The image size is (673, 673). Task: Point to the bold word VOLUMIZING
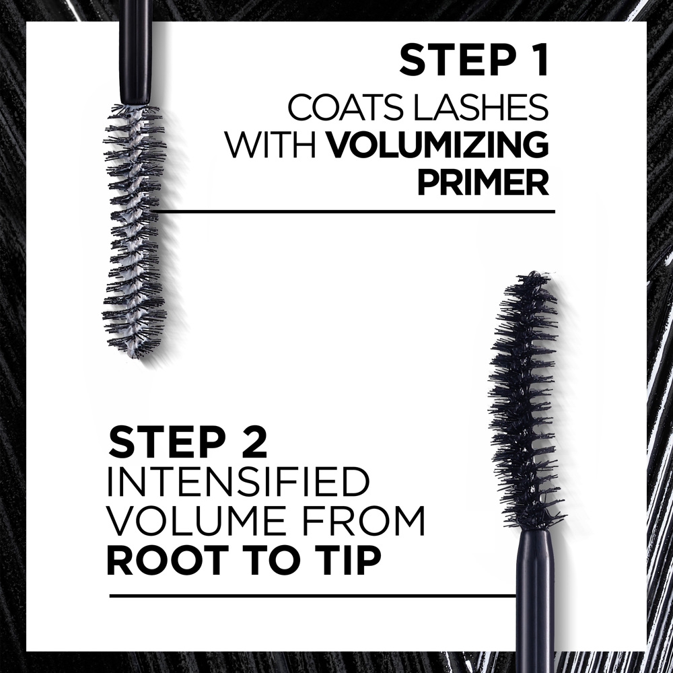(437, 145)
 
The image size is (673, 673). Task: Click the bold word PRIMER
(482, 184)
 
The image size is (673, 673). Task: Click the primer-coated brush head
(133, 229)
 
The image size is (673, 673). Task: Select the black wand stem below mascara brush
(536, 599)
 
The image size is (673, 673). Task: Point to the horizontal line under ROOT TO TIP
(310, 596)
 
